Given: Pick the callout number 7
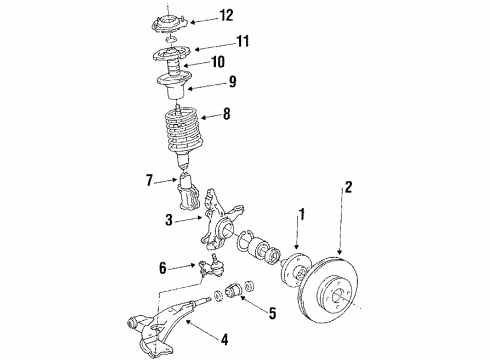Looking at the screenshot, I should pos(150,182).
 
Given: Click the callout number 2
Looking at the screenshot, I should pos(349,213).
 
